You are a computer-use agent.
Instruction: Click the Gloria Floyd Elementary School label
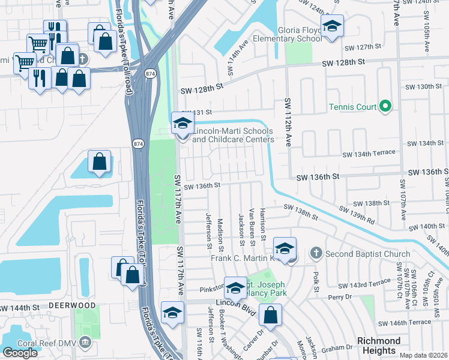point(300,34)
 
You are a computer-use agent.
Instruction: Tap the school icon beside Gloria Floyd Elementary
point(331,26)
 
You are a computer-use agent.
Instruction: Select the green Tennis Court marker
point(385,107)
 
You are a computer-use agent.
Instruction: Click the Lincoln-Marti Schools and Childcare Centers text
point(233,135)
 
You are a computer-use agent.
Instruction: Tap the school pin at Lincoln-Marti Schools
point(182,124)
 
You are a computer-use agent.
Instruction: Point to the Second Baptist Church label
point(367,254)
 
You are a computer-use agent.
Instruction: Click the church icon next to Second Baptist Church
point(316,254)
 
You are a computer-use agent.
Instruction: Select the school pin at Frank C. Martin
point(285,248)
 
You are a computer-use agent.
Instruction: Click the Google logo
point(20,353)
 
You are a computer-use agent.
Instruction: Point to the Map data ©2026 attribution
point(424,355)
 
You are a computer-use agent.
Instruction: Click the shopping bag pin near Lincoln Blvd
point(271,315)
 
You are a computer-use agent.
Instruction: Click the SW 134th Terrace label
point(369,154)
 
